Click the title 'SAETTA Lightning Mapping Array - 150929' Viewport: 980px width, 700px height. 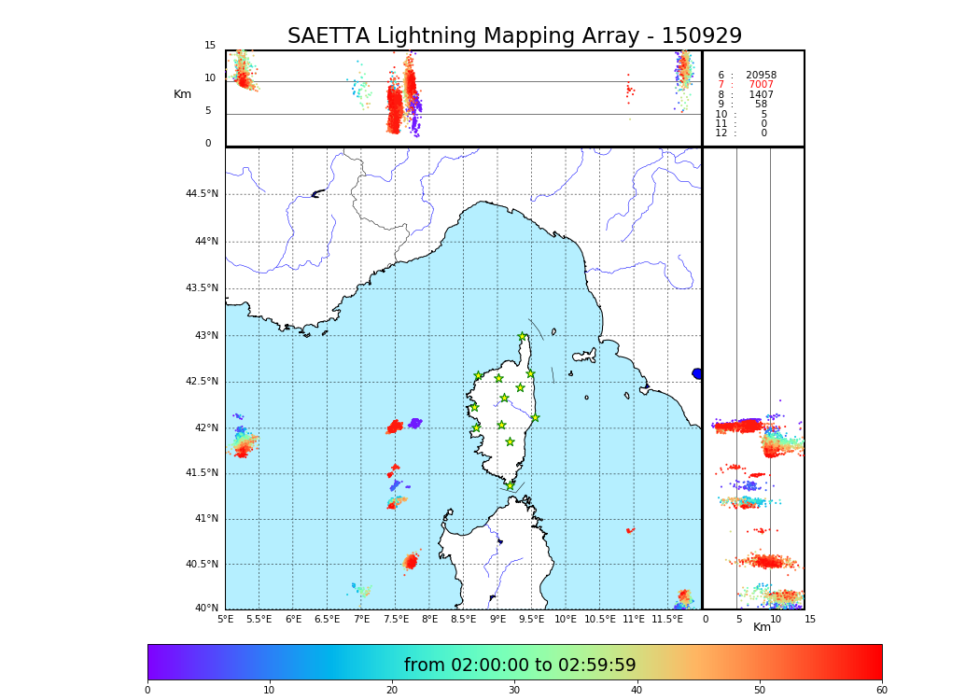[514, 36]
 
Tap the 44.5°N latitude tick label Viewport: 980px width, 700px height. [202, 194]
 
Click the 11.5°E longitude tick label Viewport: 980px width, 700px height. [667, 619]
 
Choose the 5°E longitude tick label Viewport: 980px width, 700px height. [226, 619]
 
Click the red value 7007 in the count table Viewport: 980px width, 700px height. [761, 85]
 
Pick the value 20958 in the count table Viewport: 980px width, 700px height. [761, 76]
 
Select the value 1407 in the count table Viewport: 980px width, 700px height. [761, 95]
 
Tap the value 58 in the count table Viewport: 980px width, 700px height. [761, 105]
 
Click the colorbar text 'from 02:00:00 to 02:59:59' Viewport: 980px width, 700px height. [520, 665]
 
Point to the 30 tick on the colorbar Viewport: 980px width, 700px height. [514, 690]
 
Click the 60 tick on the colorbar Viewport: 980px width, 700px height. [881, 690]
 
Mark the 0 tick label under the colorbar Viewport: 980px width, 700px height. [147, 690]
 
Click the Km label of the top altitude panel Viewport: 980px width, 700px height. [182, 94]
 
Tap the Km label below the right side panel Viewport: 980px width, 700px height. [762, 627]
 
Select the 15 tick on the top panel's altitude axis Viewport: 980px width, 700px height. [210, 46]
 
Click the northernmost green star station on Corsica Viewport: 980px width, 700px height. [523, 337]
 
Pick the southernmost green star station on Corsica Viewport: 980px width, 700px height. [510, 485]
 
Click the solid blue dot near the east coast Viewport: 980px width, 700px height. [697, 373]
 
